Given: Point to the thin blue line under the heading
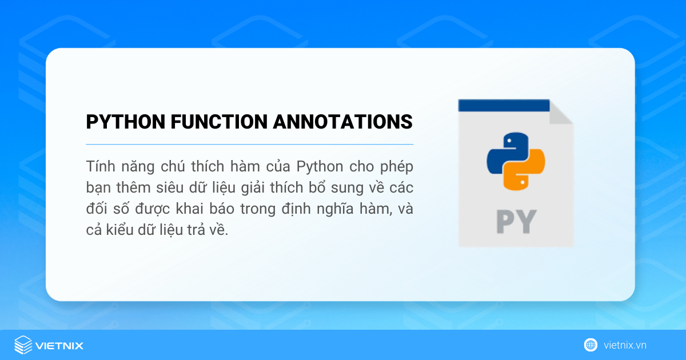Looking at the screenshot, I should [249, 144].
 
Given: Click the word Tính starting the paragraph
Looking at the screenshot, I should [99, 166].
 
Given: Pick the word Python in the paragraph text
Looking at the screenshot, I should [320, 166].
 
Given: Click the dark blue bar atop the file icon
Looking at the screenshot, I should [503, 105].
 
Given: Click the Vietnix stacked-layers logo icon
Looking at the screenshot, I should [23, 345].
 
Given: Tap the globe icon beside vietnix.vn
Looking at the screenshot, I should [591, 345].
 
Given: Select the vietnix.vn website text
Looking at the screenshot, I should [625, 345].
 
